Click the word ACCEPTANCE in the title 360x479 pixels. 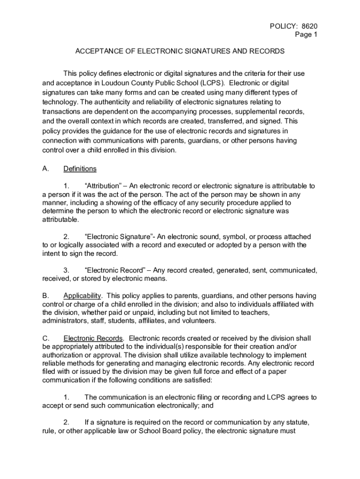99,51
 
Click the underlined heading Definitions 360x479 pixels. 80,168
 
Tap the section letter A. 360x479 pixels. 45,168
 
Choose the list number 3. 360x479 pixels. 66,270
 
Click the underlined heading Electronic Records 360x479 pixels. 94,338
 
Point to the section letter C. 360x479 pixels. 45,338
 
